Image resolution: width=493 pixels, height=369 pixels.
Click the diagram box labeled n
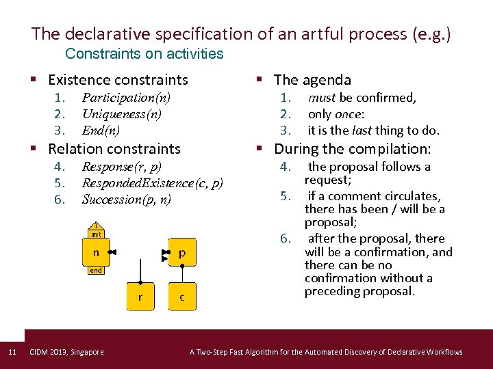click(96, 253)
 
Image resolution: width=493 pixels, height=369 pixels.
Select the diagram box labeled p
click(181, 253)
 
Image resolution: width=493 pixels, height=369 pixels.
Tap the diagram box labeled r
click(140, 297)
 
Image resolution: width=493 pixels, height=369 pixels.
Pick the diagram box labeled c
click(181, 297)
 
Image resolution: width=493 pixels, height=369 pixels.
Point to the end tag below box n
click(96, 270)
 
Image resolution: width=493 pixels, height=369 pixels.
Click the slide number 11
click(12, 352)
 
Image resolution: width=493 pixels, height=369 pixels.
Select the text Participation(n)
click(126, 98)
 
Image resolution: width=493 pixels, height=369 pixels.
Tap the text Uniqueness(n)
click(122, 114)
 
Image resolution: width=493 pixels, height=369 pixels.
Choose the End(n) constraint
click(101, 131)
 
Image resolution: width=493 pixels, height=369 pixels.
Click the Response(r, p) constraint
click(121, 166)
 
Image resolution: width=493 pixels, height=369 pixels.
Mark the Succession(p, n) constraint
click(126, 200)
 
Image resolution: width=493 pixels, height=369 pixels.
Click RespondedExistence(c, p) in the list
click(152, 182)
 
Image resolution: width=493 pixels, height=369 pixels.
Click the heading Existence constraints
click(118, 80)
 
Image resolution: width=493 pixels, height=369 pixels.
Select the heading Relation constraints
click(114, 148)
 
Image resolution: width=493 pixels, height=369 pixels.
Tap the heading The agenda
click(312, 80)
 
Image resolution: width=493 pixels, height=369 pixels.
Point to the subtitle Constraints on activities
click(144, 53)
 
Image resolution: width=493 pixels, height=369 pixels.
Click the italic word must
click(322, 98)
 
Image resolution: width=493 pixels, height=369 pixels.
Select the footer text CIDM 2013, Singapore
click(67, 352)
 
